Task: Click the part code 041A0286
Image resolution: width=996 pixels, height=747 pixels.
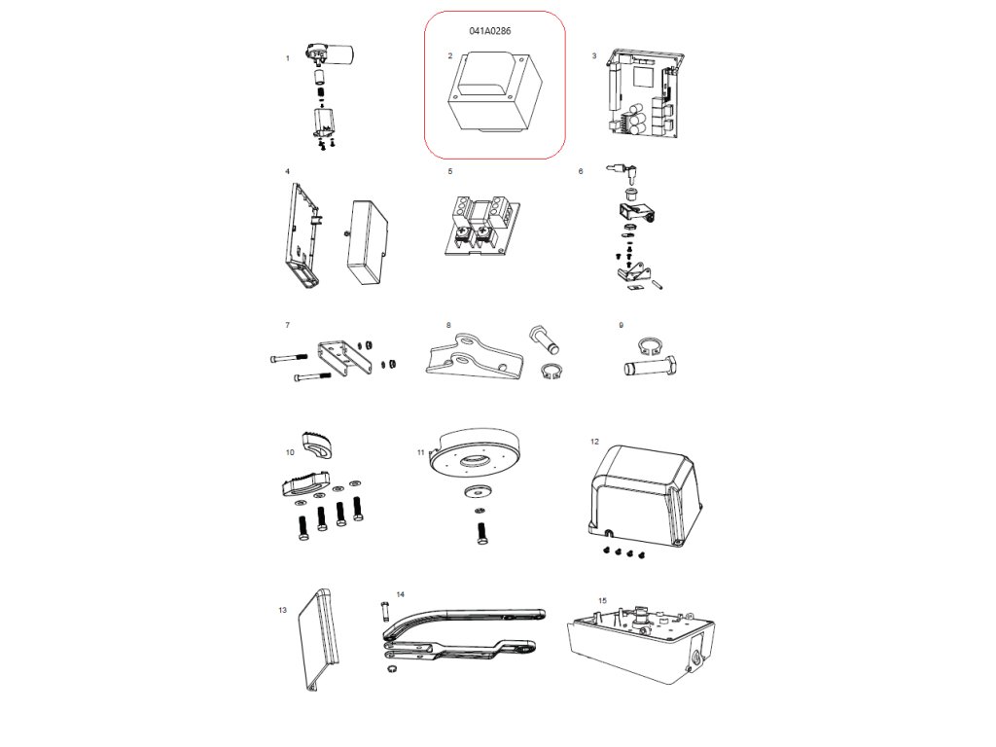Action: coord(490,30)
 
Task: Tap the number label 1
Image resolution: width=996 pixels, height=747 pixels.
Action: coord(288,58)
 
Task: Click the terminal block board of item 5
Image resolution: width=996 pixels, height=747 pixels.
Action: coord(482,226)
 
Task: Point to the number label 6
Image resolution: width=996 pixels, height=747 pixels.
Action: coord(581,171)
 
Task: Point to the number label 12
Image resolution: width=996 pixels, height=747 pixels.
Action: coord(594,442)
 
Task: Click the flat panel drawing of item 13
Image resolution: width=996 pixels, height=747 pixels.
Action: coord(319,639)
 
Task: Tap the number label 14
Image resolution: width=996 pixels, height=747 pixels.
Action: coord(400,594)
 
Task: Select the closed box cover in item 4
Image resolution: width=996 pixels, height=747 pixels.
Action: coord(368,242)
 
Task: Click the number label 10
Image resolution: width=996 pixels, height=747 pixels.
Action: coord(290,453)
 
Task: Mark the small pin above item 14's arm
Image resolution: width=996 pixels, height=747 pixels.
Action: coord(384,611)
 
